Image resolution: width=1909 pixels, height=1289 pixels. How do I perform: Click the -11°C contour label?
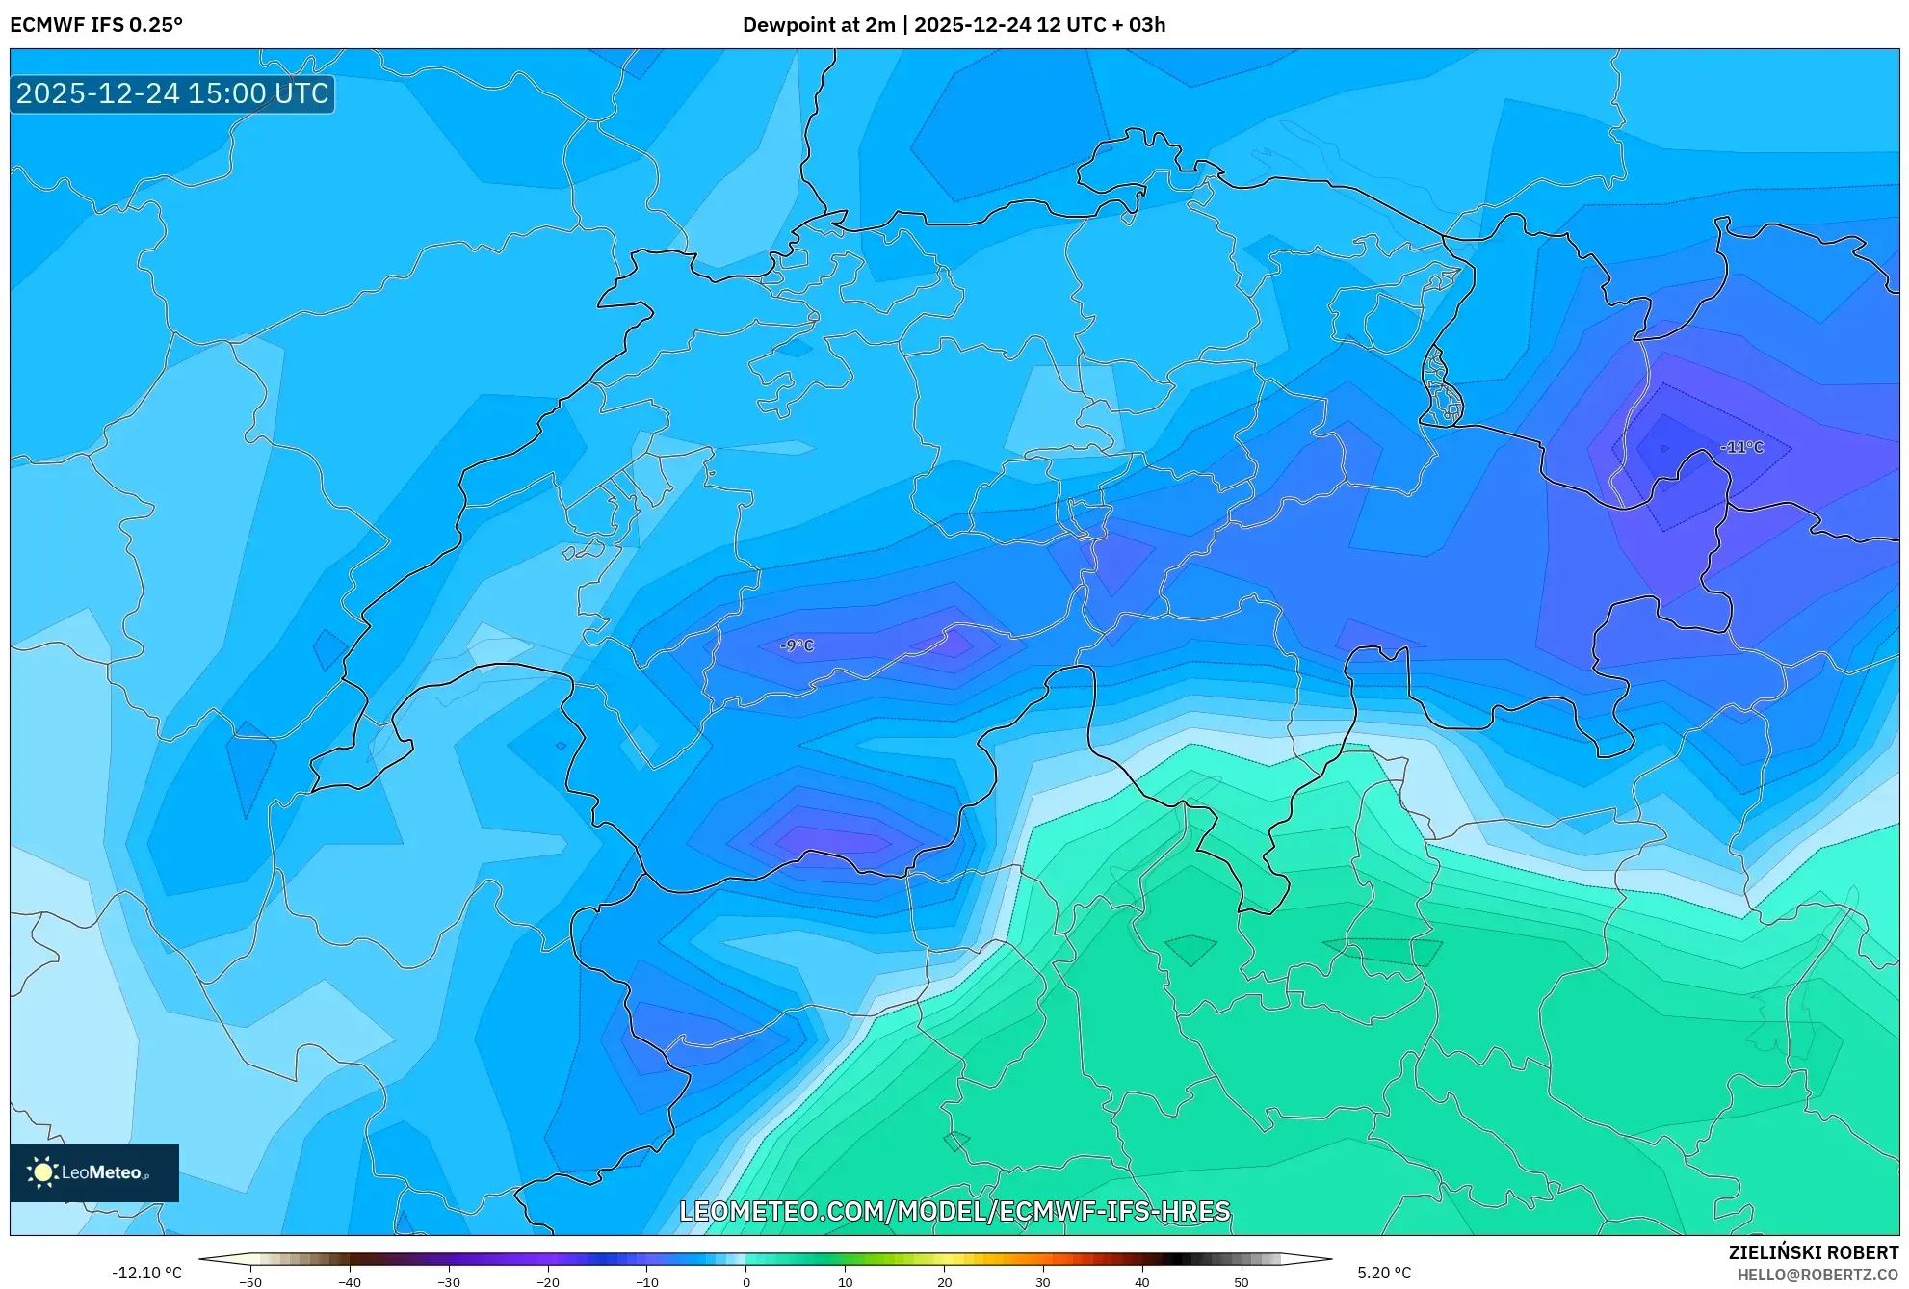click(1741, 447)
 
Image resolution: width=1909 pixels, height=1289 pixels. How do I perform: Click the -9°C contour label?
click(797, 645)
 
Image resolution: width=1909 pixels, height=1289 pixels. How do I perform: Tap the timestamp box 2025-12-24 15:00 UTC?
click(172, 93)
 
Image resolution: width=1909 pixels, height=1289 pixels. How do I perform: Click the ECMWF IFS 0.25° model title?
click(96, 25)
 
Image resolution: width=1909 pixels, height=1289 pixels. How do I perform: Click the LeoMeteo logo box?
click(94, 1172)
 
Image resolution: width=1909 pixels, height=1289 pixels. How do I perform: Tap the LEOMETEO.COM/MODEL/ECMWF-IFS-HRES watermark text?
click(954, 1211)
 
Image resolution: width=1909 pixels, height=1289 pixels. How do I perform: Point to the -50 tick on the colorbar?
click(250, 1282)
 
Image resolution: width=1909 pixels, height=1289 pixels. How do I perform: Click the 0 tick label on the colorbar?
click(746, 1282)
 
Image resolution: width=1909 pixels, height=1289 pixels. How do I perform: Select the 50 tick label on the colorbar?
click(1242, 1282)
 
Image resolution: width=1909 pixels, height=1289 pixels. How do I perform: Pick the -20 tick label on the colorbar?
click(548, 1282)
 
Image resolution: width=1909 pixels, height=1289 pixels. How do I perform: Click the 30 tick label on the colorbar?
click(1043, 1282)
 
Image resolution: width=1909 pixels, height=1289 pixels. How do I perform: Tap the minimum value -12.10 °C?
click(146, 1273)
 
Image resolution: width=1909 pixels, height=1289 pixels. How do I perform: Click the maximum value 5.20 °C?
click(1384, 1273)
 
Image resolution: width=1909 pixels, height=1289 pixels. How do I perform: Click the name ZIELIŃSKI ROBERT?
click(1813, 1252)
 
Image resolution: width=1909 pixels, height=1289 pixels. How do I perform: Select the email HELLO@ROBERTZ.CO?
click(1817, 1275)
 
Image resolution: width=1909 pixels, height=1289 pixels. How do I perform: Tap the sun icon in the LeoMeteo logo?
click(42, 1172)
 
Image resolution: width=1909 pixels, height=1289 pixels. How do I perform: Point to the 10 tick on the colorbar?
click(845, 1282)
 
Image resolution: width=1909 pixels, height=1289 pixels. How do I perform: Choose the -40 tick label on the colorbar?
click(350, 1282)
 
